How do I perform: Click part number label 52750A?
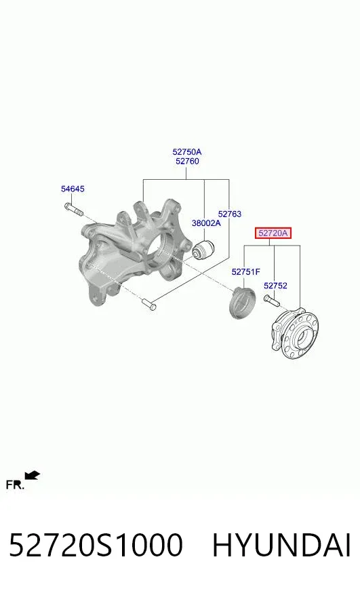click(x=186, y=152)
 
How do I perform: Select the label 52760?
click(x=187, y=161)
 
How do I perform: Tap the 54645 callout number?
click(x=73, y=189)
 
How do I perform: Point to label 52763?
click(x=230, y=214)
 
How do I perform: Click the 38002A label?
click(x=206, y=223)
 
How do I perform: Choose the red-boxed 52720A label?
click(x=273, y=233)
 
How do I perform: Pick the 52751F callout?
click(x=246, y=272)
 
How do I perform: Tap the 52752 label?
click(x=275, y=286)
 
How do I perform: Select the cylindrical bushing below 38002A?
click(x=203, y=249)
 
